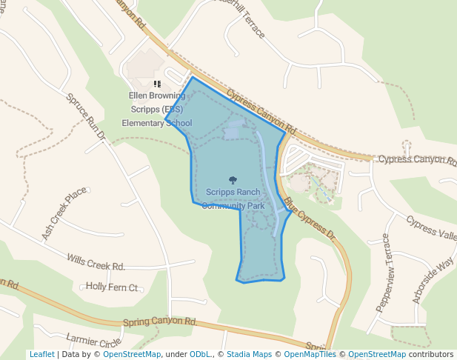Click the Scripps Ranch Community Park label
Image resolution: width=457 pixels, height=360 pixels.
234,199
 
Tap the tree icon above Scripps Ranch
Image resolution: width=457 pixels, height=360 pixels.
233,180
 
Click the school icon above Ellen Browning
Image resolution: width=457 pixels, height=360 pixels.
157,84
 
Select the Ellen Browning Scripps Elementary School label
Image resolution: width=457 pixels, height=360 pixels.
156,109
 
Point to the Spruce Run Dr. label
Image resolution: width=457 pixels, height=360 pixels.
87,118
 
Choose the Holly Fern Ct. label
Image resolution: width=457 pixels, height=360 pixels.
112,286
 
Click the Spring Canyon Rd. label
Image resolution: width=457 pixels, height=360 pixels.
159,322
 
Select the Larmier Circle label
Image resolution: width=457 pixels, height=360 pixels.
93,342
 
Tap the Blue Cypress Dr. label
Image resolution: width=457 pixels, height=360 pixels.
310,220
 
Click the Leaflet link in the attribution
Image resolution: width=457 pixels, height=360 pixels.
41,354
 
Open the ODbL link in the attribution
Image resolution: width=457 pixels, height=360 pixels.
199,354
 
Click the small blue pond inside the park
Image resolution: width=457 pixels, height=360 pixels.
232,130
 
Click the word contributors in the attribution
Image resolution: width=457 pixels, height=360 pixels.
431,354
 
